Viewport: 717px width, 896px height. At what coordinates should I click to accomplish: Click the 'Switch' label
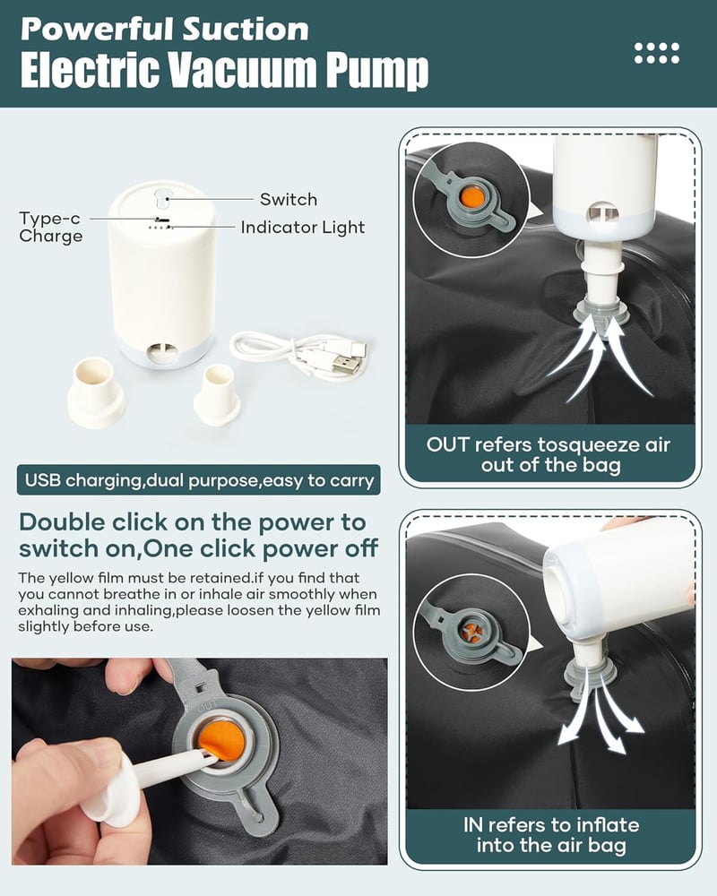(289, 200)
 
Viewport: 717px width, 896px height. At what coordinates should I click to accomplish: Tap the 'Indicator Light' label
(302, 228)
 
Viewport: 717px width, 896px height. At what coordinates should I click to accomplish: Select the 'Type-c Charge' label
(50, 227)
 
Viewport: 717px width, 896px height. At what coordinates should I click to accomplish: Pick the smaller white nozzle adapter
(217, 395)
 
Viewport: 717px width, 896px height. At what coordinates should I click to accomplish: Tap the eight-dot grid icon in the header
(657, 53)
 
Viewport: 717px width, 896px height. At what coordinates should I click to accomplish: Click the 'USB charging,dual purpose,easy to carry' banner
(199, 480)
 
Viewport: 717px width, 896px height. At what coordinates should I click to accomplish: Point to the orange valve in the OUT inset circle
(472, 198)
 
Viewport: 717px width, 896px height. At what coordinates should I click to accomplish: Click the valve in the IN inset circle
(473, 632)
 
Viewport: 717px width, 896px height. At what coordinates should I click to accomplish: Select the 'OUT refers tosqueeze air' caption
(549, 444)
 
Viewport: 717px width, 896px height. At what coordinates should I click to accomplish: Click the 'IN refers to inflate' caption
(551, 825)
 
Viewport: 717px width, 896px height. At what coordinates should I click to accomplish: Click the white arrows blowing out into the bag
(601, 718)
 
